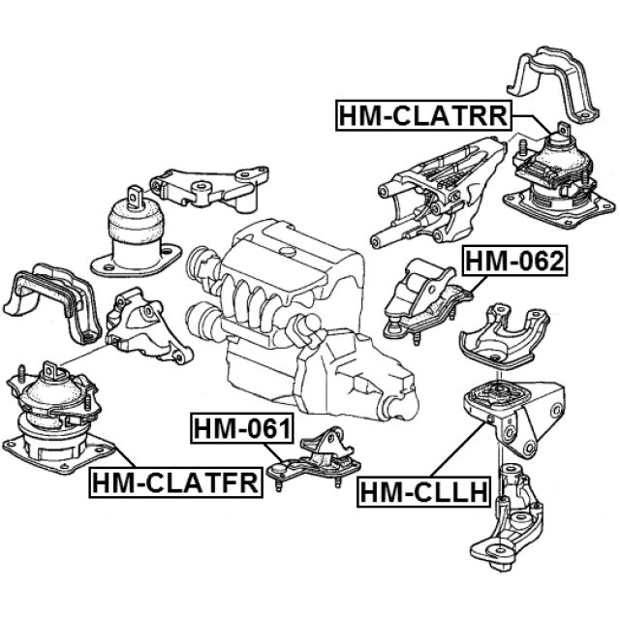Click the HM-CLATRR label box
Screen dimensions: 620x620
(423, 116)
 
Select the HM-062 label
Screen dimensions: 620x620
(513, 262)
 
